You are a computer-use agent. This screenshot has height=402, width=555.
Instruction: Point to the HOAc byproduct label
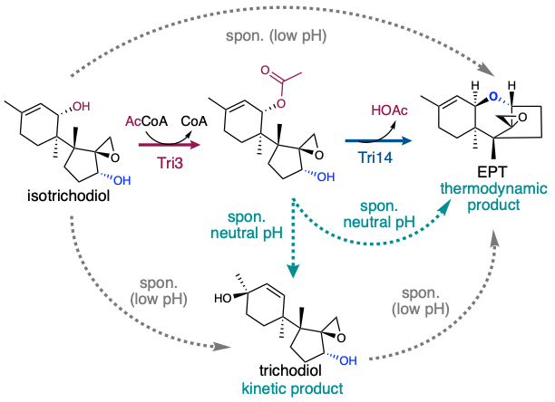click(x=384, y=110)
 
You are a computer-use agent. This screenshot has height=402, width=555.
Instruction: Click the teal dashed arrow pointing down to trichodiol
click(x=294, y=231)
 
